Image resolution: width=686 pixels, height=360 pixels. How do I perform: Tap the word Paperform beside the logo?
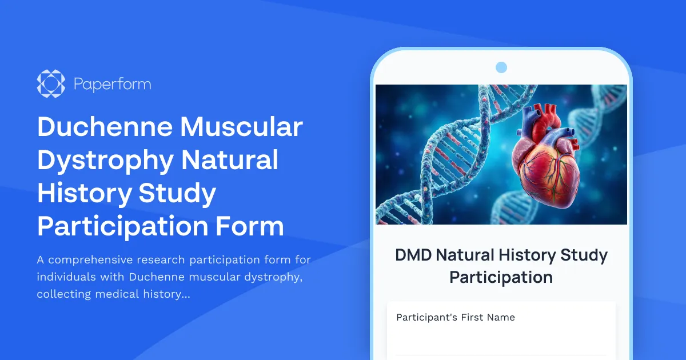(x=113, y=85)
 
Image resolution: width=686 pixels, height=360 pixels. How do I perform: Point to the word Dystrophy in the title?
(x=105, y=160)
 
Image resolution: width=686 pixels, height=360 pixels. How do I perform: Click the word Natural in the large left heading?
(x=230, y=160)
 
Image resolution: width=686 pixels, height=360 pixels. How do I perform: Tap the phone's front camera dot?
(x=501, y=67)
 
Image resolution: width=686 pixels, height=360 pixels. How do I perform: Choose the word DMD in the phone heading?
(x=413, y=255)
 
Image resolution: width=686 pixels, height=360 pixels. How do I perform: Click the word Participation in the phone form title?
(x=501, y=277)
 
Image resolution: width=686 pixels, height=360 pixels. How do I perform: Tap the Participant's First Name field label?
(x=456, y=317)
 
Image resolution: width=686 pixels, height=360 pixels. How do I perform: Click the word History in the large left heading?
(x=84, y=193)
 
